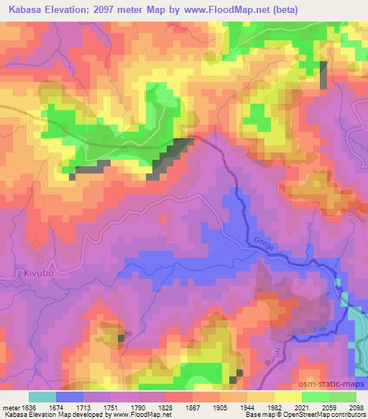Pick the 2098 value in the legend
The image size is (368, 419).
pos(356,407)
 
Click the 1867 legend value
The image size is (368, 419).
pos(192,407)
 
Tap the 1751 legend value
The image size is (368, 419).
pos(109,407)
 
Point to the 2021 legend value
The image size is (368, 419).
pos(301,407)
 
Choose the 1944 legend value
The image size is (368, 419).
pos(247,407)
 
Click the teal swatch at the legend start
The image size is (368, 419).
pos(42,397)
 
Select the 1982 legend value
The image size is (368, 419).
pos(274,407)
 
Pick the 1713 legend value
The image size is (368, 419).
pos(83,407)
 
